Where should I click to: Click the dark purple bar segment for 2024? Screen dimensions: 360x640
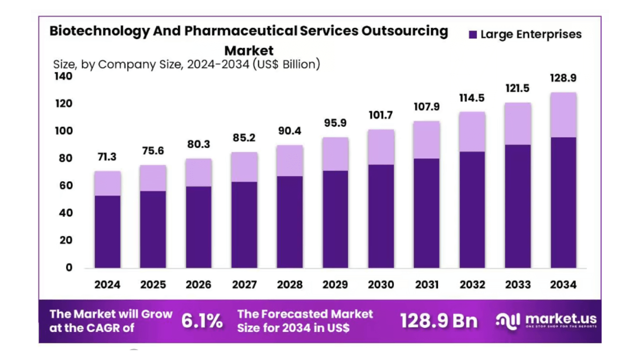tap(107, 231)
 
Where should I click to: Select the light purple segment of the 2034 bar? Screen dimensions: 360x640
tap(563, 115)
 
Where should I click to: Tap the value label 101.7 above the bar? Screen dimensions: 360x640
tap(380, 115)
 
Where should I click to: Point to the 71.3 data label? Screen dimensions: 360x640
tap(107, 157)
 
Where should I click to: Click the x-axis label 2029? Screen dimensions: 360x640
tap(335, 284)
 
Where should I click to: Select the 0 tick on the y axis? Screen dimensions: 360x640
tap(69, 267)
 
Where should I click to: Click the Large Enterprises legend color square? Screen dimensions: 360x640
tap(472, 34)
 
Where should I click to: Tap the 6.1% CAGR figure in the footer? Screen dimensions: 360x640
tap(202, 321)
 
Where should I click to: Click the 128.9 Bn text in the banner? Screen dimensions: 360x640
tap(438, 321)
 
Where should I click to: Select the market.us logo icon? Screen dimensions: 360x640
tap(508, 320)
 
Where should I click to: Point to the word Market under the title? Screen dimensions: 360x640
tap(248, 50)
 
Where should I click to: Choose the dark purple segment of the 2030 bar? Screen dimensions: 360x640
tap(380, 216)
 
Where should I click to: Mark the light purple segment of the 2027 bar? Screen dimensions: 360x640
tap(244, 167)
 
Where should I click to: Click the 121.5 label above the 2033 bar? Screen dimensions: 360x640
tap(517, 88)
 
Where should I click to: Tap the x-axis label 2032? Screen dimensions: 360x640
tap(472, 284)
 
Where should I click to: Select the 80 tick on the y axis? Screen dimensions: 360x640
tap(66, 158)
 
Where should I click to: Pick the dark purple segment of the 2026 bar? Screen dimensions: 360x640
tap(198, 227)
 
